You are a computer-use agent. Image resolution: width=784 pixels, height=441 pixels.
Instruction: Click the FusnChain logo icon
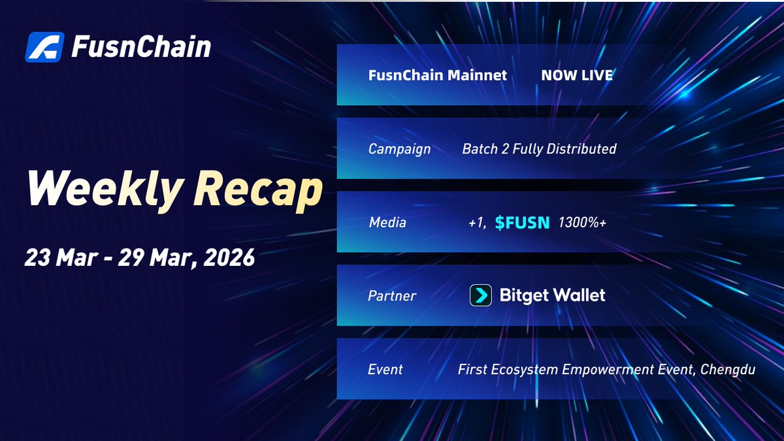pyautogui.click(x=44, y=47)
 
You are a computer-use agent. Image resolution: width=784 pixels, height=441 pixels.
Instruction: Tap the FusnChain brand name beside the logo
pyautogui.click(x=140, y=47)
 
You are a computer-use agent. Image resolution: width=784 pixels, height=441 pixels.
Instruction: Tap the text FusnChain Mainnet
pyautogui.click(x=438, y=75)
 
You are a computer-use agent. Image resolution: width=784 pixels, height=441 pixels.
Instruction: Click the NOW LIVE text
pyautogui.click(x=577, y=75)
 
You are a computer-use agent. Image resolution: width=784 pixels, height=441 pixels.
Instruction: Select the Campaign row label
pyautogui.click(x=399, y=149)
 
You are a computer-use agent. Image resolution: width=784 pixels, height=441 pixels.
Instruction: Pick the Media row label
pyautogui.click(x=387, y=223)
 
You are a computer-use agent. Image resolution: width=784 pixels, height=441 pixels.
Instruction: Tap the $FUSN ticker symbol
pyautogui.click(x=523, y=223)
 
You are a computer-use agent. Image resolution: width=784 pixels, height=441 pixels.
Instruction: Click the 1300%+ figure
pyautogui.click(x=582, y=223)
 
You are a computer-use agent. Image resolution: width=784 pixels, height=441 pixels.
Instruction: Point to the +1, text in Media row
pyautogui.click(x=477, y=223)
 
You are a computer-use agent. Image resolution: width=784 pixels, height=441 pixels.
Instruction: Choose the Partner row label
pyautogui.click(x=392, y=296)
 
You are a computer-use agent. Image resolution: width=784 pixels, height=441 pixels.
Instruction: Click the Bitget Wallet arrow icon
pyautogui.click(x=481, y=296)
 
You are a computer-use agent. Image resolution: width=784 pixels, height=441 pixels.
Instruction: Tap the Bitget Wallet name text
pyautogui.click(x=552, y=295)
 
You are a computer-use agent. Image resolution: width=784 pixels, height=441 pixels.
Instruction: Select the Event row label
pyautogui.click(x=385, y=370)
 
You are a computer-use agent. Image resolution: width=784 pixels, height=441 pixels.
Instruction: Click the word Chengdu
pyautogui.click(x=728, y=370)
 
